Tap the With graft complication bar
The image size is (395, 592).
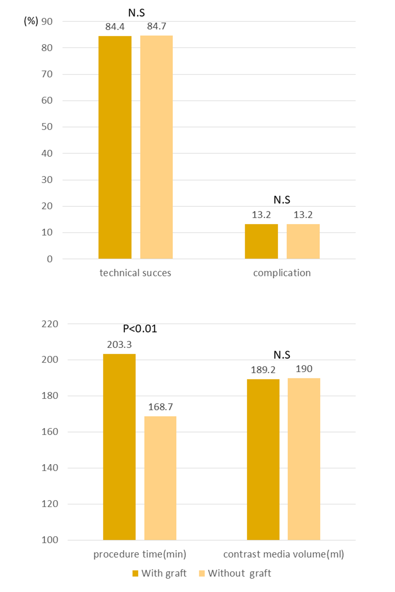[x=261, y=241]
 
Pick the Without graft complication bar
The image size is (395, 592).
[x=303, y=241]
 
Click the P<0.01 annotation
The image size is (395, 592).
[x=140, y=329]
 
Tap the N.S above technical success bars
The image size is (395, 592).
[x=137, y=13]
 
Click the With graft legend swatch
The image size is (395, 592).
[x=135, y=574]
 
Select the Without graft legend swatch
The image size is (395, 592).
[x=202, y=574]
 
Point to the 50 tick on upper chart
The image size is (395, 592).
[x=47, y=127]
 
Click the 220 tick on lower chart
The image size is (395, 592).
[x=50, y=324]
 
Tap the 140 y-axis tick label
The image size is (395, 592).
[x=50, y=468]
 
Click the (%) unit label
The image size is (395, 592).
[x=31, y=21]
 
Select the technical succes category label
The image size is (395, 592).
[x=135, y=273]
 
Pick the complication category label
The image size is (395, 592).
[x=282, y=273]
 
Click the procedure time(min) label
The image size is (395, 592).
[x=140, y=555]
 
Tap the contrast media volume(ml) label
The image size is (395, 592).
[x=283, y=555]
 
